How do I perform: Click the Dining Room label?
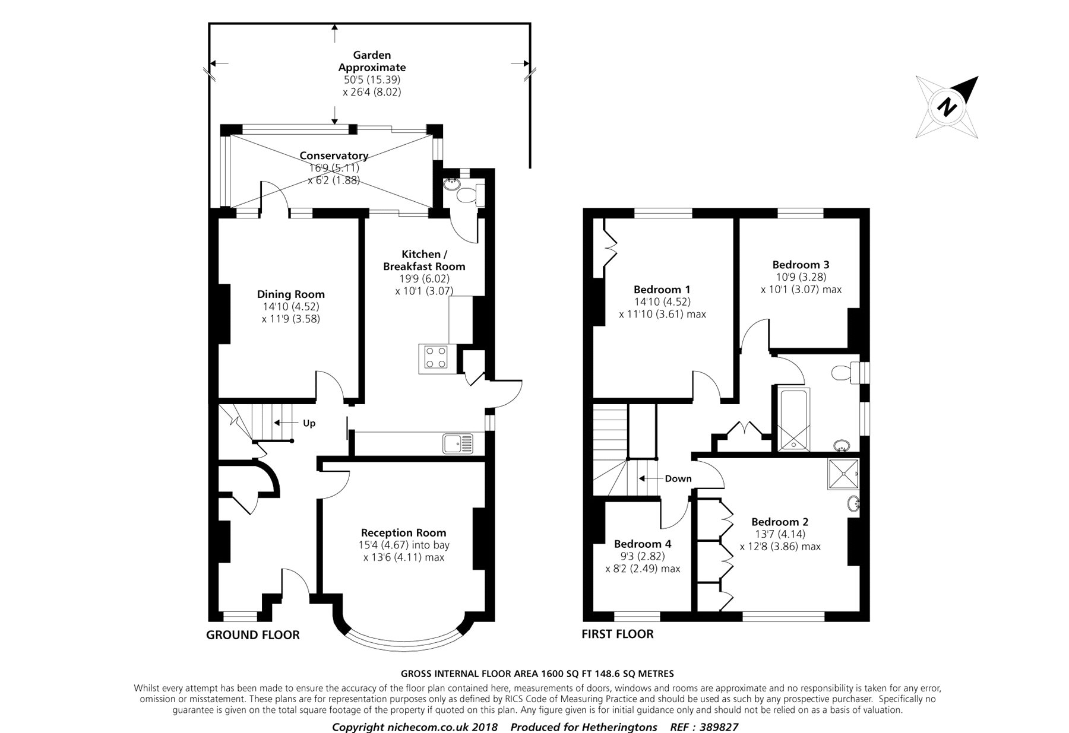tap(291, 294)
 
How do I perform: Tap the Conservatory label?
tap(334, 156)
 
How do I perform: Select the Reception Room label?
tap(404, 533)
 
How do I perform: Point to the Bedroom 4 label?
tap(643, 544)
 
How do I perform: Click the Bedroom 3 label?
tap(801, 265)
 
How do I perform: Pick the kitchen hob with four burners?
tap(434, 358)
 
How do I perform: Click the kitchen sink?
tap(458, 443)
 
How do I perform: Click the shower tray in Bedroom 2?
tap(843, 474)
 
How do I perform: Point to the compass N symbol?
tap(947, 107)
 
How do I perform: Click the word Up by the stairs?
tap(309, 423)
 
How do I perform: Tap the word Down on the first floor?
tap(678, 478)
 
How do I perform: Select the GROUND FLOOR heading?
tap(253, 635)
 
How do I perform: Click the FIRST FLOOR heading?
tap(618, 634)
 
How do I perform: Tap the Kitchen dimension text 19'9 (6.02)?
tap(424, 279)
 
